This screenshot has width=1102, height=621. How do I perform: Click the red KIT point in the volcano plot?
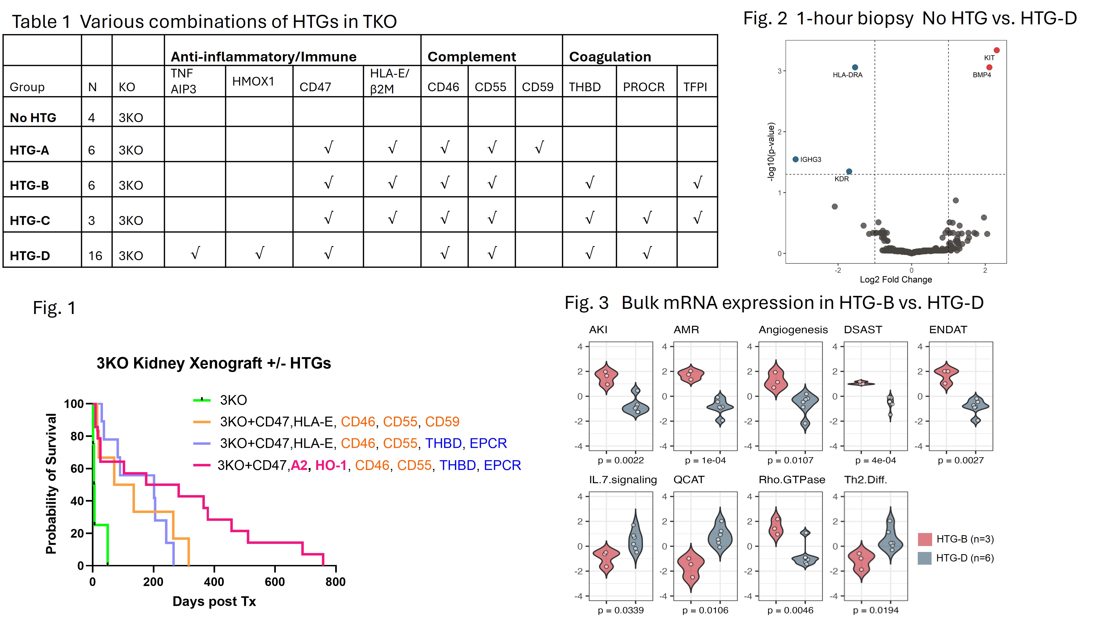coord(996,50)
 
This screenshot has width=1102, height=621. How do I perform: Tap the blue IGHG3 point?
coord(795,159)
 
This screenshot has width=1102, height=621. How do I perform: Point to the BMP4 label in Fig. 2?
coord(981,75)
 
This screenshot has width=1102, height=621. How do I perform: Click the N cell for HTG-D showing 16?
coord(95,256)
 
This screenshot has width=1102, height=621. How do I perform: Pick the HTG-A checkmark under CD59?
coord(539,148)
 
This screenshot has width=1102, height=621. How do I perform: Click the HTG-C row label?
coord(30,221)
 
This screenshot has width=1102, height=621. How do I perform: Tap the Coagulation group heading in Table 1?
coord(610,57)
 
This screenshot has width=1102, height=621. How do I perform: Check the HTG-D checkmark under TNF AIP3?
coord(195,253)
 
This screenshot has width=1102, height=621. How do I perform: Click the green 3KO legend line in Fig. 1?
coord(202,400)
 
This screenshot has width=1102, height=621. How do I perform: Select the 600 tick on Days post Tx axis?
coord(275,582)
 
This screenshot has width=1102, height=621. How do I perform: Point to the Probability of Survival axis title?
coord(51,483)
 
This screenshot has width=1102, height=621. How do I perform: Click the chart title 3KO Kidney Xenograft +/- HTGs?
coord(214,363)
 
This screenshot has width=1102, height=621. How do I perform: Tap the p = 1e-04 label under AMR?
coord(705,460)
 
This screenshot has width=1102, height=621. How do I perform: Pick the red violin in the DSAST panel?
coord(861,383)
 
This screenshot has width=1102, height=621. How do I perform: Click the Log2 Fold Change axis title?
coord(896,280)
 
